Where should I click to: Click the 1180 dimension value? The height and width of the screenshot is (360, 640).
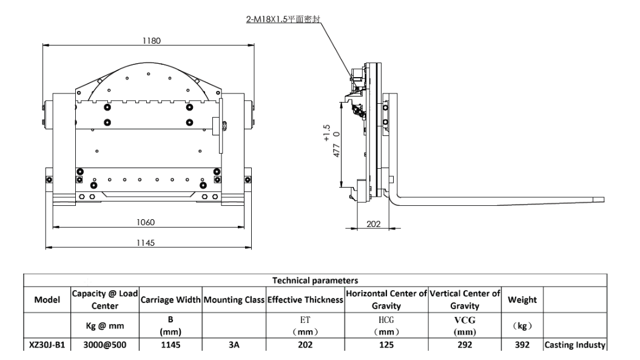click(152, 41)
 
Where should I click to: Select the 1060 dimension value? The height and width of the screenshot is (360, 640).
click(146, 222)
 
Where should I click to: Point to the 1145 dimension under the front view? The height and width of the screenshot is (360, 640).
click(146, 243)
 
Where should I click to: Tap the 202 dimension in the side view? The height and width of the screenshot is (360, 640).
click(374, 224)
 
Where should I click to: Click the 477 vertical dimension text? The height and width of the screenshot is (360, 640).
click(336, 151)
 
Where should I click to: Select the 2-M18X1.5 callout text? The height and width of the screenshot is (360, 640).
click(283, 19)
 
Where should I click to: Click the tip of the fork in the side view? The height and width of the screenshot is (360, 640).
click(604, 200)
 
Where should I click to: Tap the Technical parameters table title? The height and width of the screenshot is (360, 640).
click(315, 280)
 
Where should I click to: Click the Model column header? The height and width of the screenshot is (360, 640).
click(47, 299)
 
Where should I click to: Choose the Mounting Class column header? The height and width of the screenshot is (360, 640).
click(234, 299)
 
